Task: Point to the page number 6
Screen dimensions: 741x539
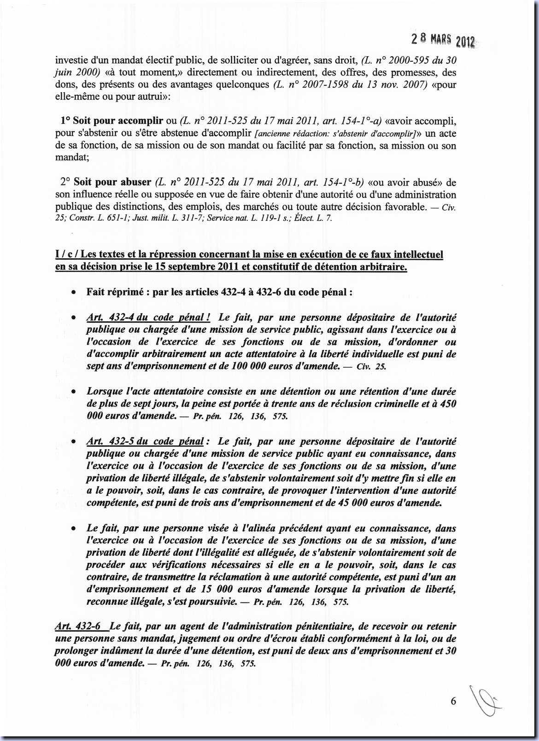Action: (453, 701)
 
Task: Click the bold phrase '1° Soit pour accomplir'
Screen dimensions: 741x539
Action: (111, 121)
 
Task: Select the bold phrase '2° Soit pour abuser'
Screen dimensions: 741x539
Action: (105, 182)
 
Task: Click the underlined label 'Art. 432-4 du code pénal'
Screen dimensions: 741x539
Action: (148, 318)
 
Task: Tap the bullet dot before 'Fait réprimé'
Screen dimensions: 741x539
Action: (73, 293)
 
